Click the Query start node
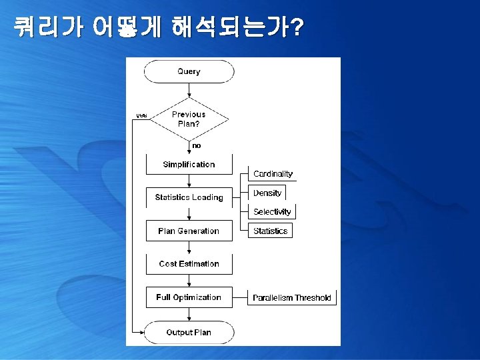click(x=189, y=71)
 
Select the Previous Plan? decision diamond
click(x=189, y=119)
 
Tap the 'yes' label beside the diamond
click(x=142, y=115)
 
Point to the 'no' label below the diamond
click(x=196, y=145)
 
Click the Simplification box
click(x=189, y=164)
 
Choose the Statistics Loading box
click(x=189, y=197)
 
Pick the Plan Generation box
click(x=189, y=231)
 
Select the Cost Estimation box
click(x=189, y=264)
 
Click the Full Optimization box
click(x=189, y=297)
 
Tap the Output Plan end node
click(x=189, y=332)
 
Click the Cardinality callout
click(x=273, y=174)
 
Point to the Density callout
click(x=267, y=193)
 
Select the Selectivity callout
click(x=272, y=212)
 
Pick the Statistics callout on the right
click(x=271, y=231)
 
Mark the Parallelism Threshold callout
click(x=292, y=298)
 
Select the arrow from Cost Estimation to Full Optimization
click(x=189, y=281)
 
